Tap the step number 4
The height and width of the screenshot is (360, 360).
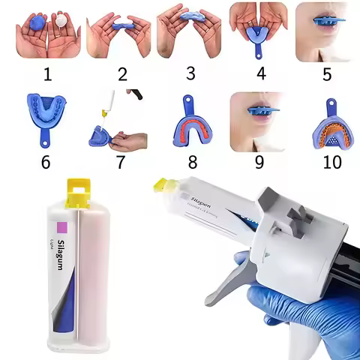259,75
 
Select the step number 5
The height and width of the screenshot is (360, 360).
327,75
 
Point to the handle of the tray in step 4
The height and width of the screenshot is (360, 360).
259,50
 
